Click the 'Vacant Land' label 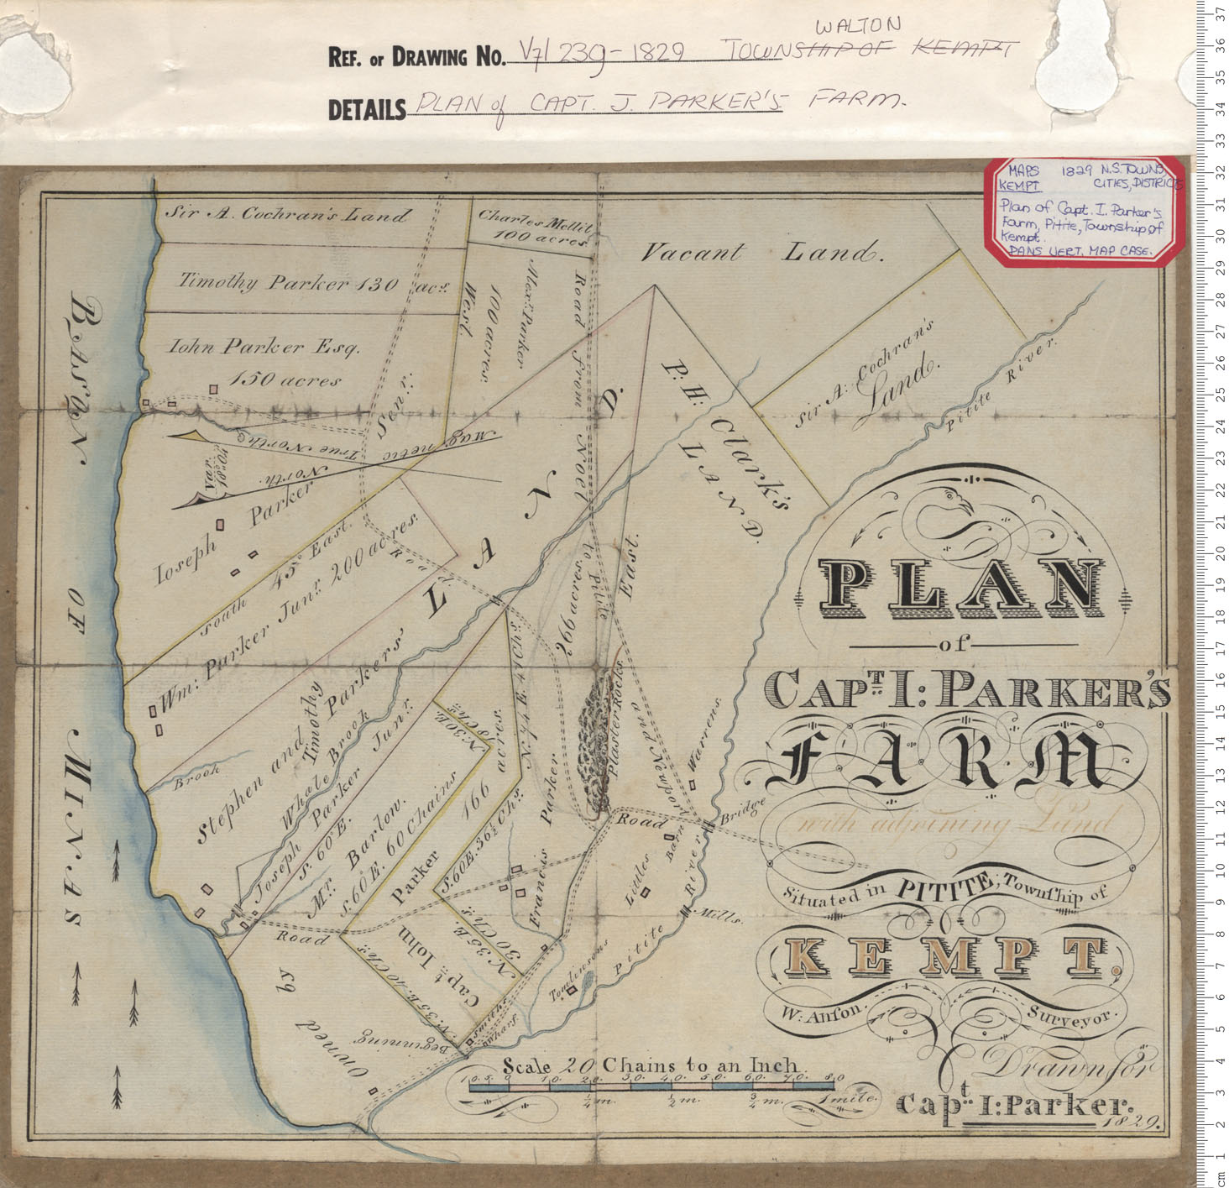761,252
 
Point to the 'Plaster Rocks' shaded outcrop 599,739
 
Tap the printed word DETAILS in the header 366,109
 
